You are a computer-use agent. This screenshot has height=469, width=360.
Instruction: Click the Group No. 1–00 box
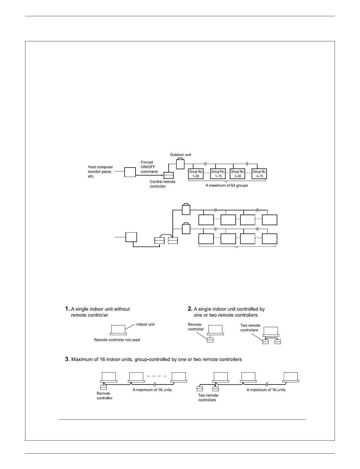point(196,174)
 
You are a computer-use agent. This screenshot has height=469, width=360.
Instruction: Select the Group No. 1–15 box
point(218,174)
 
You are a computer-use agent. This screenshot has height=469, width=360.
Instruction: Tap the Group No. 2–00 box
point(237,174)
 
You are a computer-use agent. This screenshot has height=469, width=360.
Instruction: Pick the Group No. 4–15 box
point(259,174)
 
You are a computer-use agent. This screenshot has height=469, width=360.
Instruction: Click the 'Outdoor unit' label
point(180,155)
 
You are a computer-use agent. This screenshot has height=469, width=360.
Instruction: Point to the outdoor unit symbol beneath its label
point(180,163)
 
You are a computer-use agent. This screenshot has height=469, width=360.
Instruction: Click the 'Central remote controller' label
point(162,184)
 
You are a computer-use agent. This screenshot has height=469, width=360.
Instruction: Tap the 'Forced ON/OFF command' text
point(149,167)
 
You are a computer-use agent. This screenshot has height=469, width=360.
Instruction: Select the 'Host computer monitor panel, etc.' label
point(100,171)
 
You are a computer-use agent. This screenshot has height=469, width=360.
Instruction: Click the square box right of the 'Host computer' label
point(130,172)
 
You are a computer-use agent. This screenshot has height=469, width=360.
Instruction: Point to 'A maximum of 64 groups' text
point(227,186)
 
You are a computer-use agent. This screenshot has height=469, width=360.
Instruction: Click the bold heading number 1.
point(67,309)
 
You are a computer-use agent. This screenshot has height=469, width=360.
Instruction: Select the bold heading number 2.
point(190,309)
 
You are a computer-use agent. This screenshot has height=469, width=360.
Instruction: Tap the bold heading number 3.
point(67,359)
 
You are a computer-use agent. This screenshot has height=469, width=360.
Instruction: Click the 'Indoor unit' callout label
point(145,324)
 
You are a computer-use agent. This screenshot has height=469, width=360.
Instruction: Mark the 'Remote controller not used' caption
point(117,340)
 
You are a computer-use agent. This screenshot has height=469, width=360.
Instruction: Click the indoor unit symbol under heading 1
point(118,330)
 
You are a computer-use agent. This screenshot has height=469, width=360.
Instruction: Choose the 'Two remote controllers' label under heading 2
point(250,328)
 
